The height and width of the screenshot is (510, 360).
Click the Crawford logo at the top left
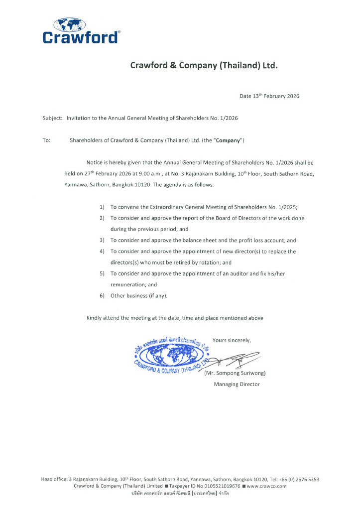point(81,31)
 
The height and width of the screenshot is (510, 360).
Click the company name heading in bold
point(204,66)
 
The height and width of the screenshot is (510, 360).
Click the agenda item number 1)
point(102,207)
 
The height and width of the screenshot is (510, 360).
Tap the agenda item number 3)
point(102,240)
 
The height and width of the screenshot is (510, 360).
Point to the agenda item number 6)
point(102,295)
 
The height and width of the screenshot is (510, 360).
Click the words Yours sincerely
point(232,340)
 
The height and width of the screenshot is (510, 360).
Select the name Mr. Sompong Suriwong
point(235,373)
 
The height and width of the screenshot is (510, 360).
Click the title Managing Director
point(237,384)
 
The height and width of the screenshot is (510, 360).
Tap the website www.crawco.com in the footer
point(266,486)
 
